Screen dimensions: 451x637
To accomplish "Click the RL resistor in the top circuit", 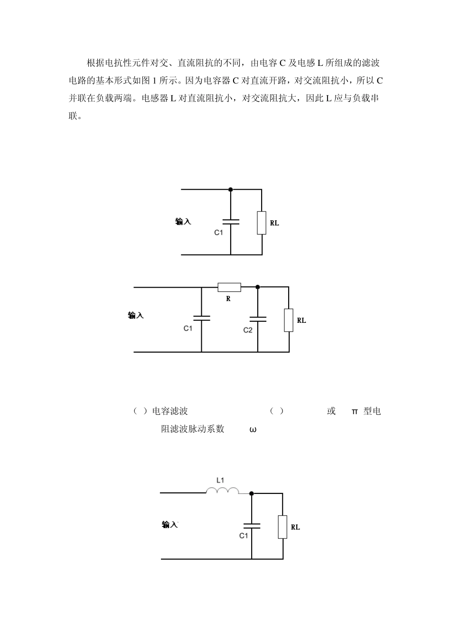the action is (262, 223).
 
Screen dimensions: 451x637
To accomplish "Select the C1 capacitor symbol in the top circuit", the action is (231, 221).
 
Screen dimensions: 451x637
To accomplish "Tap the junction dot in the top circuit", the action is (231, 190).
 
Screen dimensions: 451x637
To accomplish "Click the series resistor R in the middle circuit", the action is (229, 287).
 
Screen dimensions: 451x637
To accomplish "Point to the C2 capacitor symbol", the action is (258, 319).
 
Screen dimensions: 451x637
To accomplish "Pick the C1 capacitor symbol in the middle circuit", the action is (201, 318).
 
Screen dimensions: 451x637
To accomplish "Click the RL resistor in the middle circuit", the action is (289, 320).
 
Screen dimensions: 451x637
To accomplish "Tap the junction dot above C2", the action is (258, 287).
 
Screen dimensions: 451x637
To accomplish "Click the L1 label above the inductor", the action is (220, 480).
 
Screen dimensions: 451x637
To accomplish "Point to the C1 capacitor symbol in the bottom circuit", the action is (252, 525).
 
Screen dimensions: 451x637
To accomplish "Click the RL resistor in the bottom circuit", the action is (282, 527).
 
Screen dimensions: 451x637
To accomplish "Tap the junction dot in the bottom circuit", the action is (252, 493).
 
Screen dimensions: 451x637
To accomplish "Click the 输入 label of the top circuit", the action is (183, 222).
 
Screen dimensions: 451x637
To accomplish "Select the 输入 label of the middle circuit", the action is (136, 316).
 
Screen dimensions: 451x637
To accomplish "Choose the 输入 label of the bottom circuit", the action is (169, 525).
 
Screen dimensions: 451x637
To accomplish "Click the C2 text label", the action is (248, 330).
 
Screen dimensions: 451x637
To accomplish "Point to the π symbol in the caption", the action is (354, 411).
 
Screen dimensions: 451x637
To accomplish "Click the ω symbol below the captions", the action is (253, 430).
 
